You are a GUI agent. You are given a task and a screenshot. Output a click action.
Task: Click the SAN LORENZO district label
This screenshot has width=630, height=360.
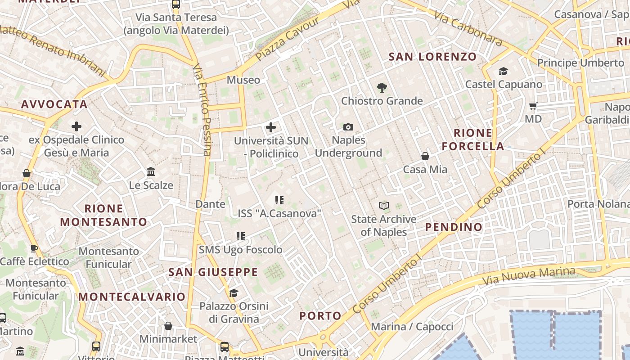[432, 57]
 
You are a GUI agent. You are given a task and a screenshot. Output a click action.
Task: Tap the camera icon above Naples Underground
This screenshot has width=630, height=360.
[348, 127]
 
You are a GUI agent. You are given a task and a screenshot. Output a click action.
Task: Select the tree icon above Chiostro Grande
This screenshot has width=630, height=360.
[382, 87]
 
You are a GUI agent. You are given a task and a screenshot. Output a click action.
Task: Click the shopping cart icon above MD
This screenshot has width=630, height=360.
[533, 106]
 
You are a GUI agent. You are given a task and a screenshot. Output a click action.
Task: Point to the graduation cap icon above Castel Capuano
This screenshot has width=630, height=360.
[503, 71]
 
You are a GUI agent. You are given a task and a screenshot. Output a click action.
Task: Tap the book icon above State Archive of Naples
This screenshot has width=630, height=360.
[384, 206]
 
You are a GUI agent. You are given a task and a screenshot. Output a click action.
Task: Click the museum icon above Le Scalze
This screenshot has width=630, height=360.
[151, 172]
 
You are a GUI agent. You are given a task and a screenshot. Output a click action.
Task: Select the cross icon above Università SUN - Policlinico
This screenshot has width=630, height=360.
[271, 127]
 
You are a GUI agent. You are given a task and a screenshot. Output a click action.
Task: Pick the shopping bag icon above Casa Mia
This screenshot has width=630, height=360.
[425, 156]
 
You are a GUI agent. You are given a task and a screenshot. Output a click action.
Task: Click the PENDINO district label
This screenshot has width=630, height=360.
[454, 227]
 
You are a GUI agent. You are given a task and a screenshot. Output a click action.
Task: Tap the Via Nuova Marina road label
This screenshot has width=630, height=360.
[528, 275]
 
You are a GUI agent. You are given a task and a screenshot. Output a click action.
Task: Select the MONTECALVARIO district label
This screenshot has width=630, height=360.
[132, 297]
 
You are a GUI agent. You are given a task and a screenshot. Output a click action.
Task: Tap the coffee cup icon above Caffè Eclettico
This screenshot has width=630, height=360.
[34, 248]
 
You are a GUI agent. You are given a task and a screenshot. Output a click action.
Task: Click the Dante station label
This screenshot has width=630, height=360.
[210, 204]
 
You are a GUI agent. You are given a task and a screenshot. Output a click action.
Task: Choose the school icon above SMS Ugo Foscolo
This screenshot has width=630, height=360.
[241, 236]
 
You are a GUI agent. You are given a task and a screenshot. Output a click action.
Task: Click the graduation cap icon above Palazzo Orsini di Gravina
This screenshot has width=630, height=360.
[234, 293]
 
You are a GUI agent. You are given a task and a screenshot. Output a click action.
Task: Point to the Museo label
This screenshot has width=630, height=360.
[243, 80]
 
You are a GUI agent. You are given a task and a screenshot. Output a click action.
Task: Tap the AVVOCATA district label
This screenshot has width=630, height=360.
[54, 104]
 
